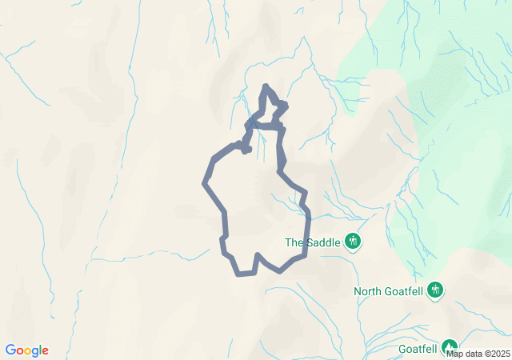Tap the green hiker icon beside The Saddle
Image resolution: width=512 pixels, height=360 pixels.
coord(353,241)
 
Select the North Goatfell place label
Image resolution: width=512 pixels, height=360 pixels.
coord(390,291)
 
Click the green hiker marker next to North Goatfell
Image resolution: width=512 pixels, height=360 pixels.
coord(434,289)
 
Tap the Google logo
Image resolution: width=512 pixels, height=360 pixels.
coord(26,350)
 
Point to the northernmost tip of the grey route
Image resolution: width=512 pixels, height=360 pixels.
coord(265,86)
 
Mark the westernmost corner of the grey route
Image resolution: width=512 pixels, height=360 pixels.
coord(205,183)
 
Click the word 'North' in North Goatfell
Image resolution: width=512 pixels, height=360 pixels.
coord(369,291)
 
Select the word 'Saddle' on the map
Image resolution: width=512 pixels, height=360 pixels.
coord(322,242)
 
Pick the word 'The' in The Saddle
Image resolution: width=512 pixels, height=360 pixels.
coord(294,242)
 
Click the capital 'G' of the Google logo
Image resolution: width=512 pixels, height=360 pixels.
coord(10,350)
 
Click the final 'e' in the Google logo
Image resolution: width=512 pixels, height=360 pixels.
coord(45,350)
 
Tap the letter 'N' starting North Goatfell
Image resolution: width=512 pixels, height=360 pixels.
coord(358,291)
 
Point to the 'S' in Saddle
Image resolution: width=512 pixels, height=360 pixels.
coord(308,242)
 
